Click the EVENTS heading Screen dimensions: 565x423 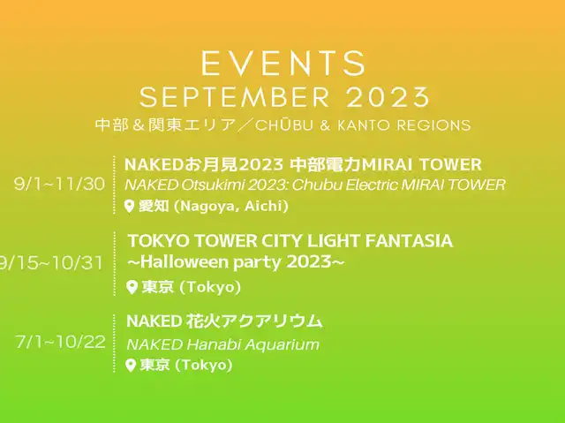tap(283, 63)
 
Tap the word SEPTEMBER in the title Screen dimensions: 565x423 tap(235, 97)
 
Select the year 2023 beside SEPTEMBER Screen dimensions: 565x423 tap(388, 97)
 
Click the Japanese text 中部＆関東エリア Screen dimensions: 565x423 tap(165, 125)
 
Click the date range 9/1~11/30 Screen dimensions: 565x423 tap(59, 184)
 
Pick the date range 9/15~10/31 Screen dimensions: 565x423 tap(51, 263)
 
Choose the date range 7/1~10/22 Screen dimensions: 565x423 tap(61, 341)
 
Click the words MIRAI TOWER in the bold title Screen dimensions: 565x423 tap(421, 164)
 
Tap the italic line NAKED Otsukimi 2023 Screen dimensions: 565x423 tap(206, 185)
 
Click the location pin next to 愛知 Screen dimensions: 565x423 tap(130, 207)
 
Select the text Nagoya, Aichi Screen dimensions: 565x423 tap(231, 206)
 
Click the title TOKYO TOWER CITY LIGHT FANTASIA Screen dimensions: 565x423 tap(290, 241)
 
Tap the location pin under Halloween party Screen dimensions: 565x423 tap(132, 287)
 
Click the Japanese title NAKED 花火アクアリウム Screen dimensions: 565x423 tap(224, 321)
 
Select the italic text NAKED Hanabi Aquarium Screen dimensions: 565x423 tap(222, 344)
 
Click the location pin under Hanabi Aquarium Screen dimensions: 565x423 tap(130, 365)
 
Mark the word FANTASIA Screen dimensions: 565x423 tap(409, 241)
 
